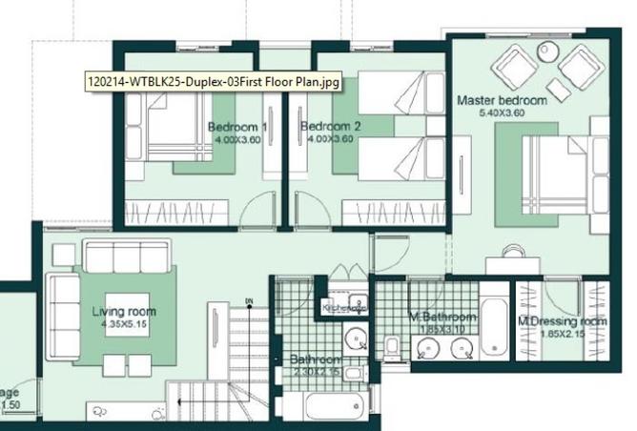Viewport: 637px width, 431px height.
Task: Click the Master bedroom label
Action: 501,100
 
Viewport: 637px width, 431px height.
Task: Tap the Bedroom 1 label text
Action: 237,126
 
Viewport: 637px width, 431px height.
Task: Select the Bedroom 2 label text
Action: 330,126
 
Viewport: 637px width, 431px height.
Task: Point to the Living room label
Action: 124,312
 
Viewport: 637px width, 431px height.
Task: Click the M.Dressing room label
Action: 562,321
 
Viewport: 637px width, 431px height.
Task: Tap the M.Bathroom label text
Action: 442,317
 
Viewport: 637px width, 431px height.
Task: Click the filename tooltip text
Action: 213,83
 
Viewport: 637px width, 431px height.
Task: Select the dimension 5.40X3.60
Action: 503,113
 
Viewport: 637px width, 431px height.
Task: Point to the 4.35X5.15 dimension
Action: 125,324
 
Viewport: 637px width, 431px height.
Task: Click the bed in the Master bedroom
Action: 562,172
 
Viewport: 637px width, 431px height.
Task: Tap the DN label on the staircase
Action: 248,302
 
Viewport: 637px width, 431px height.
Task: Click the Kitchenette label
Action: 344,308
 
